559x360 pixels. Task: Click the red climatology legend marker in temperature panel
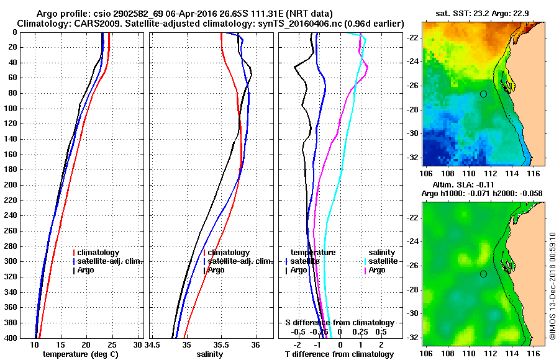point(74,253)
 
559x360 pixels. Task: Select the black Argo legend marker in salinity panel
point(204,270)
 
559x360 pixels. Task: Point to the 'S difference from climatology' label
point(339,323)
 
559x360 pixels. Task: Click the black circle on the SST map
point(483,94)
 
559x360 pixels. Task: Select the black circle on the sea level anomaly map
point(483,274)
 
